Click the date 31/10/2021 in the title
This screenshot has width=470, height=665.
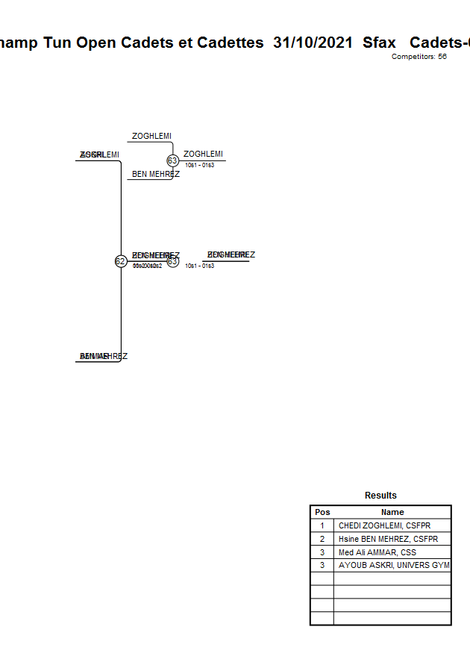coord(313,43)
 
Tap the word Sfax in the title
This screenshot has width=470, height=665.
coord(379,43)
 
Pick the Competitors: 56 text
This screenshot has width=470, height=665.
coord(419,57)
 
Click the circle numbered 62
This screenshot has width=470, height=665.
coord(120,261)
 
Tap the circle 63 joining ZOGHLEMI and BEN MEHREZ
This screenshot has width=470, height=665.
coord(172,160)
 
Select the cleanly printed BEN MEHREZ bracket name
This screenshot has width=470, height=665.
coord(156,175)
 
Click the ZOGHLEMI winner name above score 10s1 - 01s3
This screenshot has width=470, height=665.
coord(203,154)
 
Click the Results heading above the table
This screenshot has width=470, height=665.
coord(380,496)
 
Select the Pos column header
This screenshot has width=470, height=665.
coord(322,512)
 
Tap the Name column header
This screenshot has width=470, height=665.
coord(392,512)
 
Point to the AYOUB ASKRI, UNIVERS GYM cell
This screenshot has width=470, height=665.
coord(392,566)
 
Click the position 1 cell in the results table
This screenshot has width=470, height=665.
coord(322,525)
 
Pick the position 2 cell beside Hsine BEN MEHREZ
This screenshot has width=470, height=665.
coord(322,539)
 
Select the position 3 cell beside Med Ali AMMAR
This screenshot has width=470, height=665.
coord(322,552)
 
